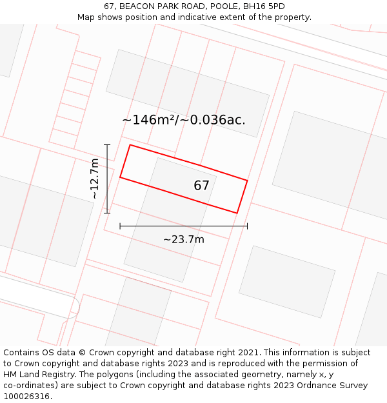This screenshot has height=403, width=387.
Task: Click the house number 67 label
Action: point(201,186)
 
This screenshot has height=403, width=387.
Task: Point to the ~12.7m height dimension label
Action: point(94,179)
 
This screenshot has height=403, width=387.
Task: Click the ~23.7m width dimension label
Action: point(183,240)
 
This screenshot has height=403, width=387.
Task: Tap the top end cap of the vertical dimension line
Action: point(107,145)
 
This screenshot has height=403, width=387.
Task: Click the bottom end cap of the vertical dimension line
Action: point(107,213)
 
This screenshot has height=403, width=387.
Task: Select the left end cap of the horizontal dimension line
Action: point(120,226)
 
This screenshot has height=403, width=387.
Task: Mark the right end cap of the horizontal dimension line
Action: point(247,226)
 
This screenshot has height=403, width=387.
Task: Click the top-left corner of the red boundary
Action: point(130,145)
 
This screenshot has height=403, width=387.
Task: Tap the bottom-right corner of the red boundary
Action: point(237,213)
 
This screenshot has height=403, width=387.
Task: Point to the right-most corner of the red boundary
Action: point(247,180)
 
